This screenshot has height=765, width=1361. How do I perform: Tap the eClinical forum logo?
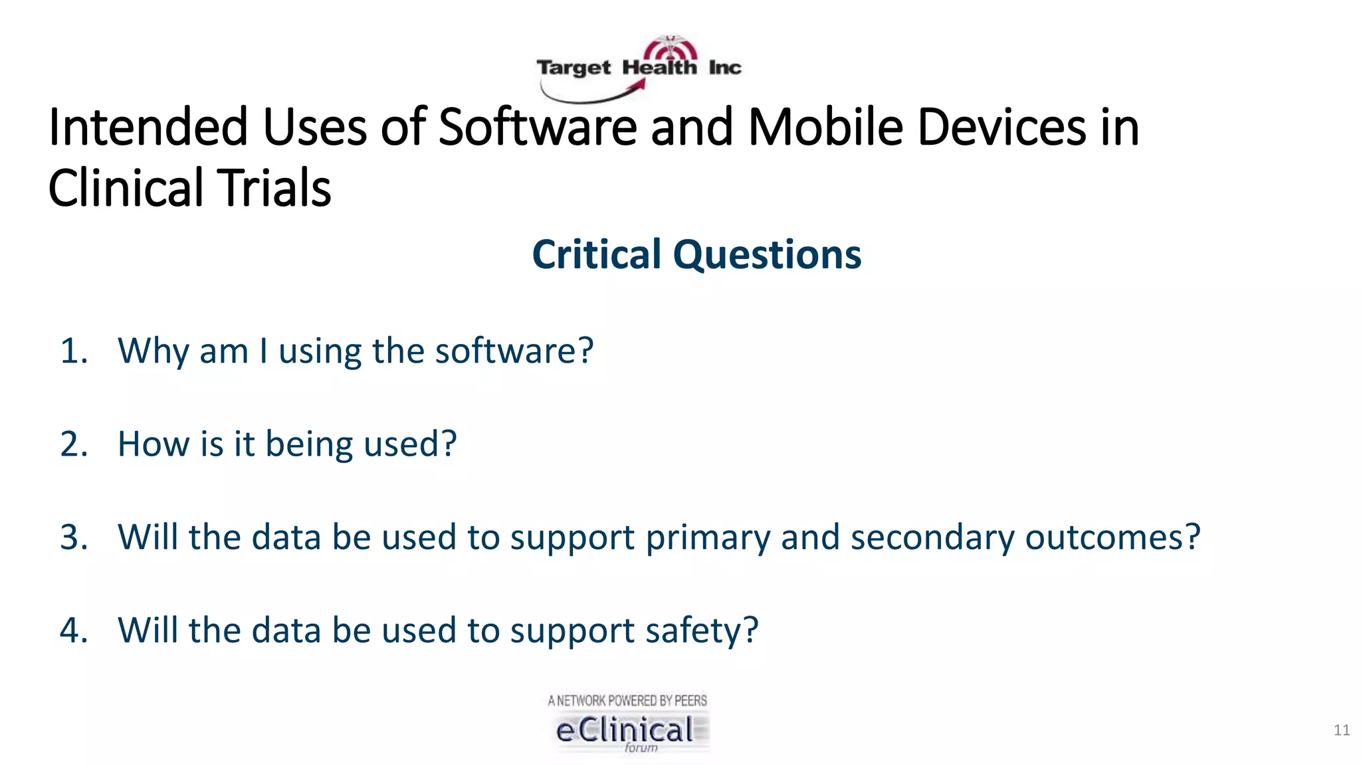(628, 730)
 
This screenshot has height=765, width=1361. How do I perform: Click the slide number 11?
(1341, 730)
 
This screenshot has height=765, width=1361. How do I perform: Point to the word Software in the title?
(537, 127)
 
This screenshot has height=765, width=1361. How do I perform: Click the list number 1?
(74, 351)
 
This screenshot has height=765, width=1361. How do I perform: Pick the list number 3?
(74, 537)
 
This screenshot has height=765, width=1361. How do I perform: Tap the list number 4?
(74, 630)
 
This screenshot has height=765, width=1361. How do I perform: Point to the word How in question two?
(153, 444)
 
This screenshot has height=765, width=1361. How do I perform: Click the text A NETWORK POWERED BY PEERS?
(627, 701)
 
